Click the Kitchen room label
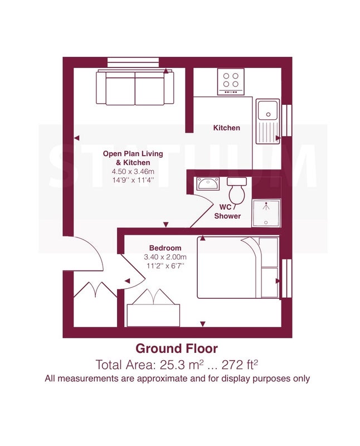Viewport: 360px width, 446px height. point(226,128)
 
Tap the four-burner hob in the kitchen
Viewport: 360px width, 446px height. point(231,81)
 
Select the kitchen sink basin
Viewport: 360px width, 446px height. point(267,109)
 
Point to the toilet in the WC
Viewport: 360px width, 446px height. point(237,190)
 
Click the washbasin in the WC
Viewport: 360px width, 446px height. point(208,183)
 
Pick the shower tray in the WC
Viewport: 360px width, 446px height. point(266,213)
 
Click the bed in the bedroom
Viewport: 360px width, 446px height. point(238,268)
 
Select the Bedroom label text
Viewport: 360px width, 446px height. point(165,248)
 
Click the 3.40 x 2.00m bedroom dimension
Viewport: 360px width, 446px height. point(165,257)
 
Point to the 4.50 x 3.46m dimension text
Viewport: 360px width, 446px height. point(133,172)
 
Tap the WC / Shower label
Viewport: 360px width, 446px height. point(227,211)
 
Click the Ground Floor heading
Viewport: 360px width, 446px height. point(177,348)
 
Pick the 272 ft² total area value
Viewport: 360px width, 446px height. point(240,365)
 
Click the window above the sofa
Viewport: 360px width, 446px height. point(133,62)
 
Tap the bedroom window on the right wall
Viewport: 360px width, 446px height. point(286,278)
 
